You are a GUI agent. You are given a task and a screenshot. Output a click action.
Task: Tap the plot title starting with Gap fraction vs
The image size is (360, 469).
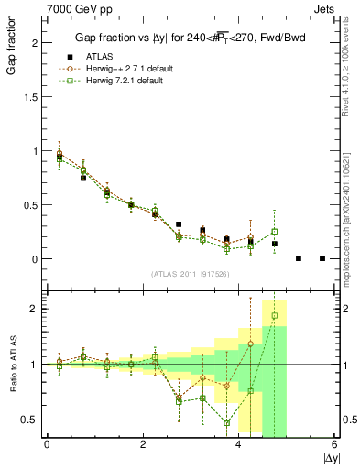190,38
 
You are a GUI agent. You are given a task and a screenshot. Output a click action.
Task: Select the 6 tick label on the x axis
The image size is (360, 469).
335,444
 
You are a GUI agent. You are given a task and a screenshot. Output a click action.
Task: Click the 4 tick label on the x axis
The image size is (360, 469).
239,444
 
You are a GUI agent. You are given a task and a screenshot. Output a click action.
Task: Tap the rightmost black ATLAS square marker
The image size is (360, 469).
322,258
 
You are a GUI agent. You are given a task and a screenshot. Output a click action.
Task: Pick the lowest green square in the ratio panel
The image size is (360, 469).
226,423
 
